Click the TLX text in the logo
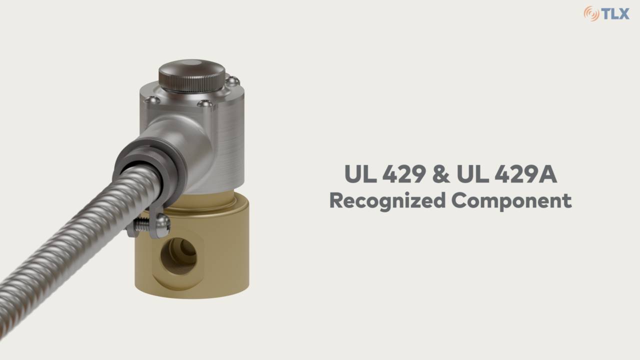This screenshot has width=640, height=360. click(x=615, y=13)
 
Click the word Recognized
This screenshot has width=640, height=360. click(x=387, y=200)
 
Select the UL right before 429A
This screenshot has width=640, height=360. click(x=472, y=174)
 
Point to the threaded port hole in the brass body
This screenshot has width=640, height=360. click(x=178, y=255)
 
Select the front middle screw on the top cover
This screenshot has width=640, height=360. click(x=205, y=103)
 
